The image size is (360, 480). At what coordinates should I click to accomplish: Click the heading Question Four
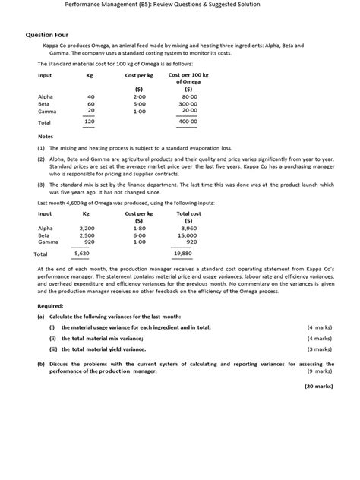[x=49, y=35]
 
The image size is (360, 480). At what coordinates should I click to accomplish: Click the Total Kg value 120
[x=89, y=121]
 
